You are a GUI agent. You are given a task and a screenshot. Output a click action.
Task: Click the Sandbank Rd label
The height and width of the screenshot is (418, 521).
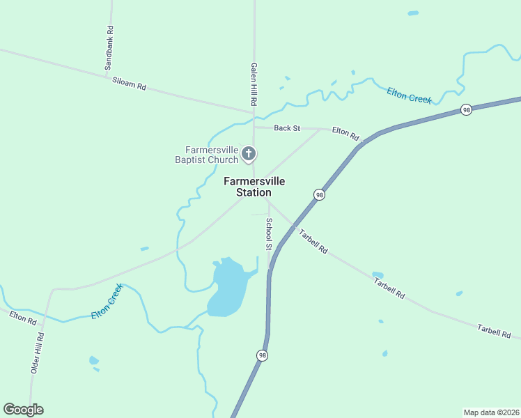[109, 48]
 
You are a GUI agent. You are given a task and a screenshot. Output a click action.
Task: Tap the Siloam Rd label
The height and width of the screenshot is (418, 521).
[130, 84]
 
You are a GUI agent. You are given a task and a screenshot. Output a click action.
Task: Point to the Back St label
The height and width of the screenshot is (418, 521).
[286, 128]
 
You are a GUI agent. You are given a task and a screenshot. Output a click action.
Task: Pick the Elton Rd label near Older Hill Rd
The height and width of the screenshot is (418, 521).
[23, 318]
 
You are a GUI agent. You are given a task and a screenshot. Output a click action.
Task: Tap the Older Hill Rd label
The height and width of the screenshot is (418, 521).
[38, 353]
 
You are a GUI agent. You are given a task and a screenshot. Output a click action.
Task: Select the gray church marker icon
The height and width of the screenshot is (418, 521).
[249, 153]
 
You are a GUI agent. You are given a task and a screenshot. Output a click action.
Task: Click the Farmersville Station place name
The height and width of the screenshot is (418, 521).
[254, 187]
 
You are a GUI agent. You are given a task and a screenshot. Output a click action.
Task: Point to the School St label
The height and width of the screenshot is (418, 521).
[269, 234]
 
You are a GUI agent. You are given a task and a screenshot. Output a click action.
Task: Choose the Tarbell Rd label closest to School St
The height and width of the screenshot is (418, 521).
[313, 240]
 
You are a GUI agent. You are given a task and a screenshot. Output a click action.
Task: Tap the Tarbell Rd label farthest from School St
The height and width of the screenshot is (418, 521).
[495, 331]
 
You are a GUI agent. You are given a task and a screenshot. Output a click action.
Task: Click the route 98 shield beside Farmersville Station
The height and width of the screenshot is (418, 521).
[318, 195]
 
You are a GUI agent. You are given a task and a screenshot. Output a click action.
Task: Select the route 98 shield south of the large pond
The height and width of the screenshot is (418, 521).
[262, 355]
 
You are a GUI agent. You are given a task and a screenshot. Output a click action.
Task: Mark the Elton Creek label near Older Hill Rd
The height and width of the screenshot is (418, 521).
[107, 302]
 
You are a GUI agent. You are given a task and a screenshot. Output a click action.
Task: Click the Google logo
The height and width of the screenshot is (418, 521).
[23, 410]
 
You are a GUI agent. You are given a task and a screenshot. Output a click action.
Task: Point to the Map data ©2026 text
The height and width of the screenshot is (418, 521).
[491, 412]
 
